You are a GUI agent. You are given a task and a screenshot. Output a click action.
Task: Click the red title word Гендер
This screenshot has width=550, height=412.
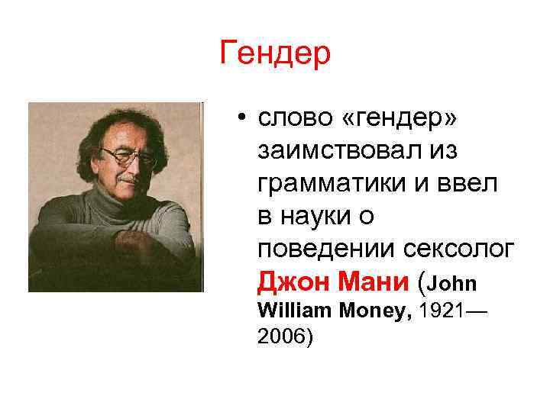coord(275,53)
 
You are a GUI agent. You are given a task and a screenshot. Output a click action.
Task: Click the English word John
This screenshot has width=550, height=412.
coord(455,285)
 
